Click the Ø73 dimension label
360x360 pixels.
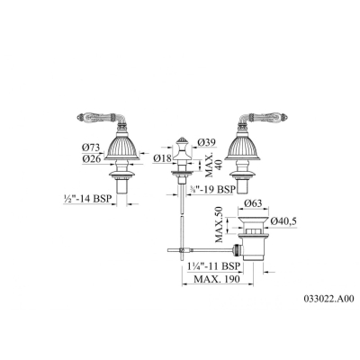pos(91,148)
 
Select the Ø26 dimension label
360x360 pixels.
pos(91,159)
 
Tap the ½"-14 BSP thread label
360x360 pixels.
pos(87,199)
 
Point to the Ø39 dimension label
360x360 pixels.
pos(207,143)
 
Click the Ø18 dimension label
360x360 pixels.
pos(162,158)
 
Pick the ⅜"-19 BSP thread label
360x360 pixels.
pos(212,189)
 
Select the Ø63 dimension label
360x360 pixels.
pos(253,203)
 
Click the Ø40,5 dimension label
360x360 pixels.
pos(283,221)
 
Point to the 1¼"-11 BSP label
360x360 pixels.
pos(213,266)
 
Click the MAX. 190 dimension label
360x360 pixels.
pos(217,279)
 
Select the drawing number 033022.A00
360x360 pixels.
pos(329,299)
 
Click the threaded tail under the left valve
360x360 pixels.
pos(121,186)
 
